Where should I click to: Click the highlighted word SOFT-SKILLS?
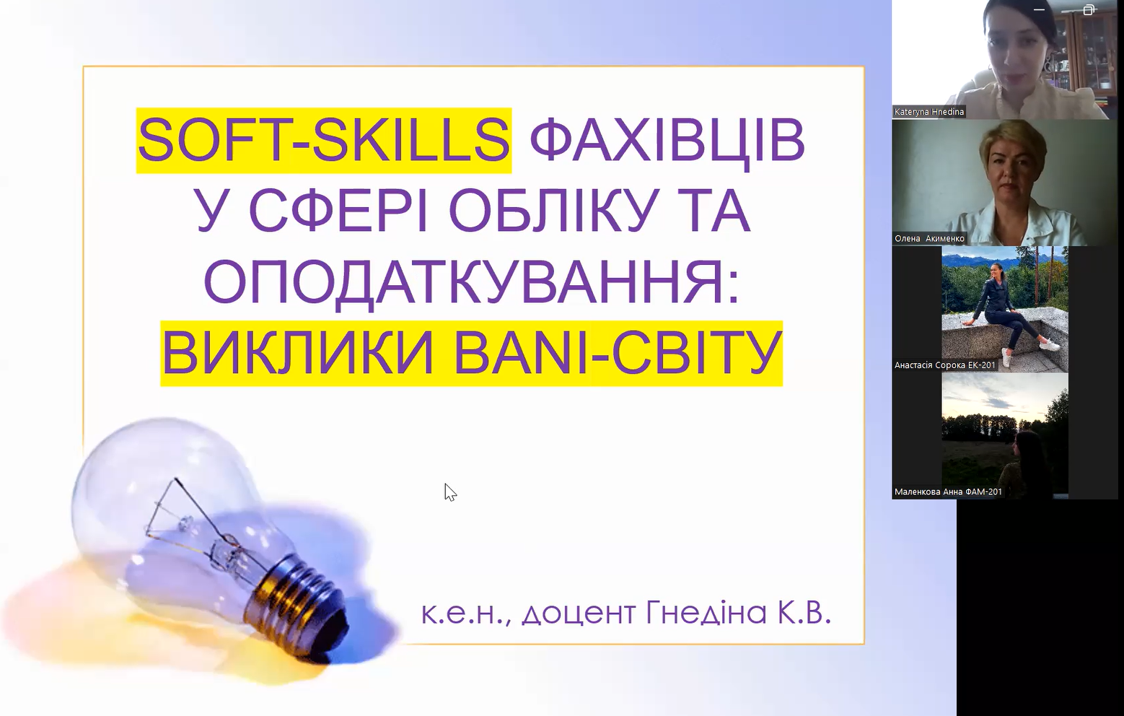click(x=324, y=140)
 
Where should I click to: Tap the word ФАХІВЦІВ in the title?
click(x=667, y=141)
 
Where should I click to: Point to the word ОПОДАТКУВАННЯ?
click(x=471, y=281)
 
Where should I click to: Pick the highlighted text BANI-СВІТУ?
click(x=618, y=352)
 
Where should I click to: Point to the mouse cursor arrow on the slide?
click(x=450, y=492)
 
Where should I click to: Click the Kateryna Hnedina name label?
click(x=929, y=111)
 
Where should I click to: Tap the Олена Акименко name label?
click(x=929, y=238)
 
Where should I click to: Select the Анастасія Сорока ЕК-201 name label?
click(x=945, y=365)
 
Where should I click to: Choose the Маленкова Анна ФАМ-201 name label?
click(x=949, y=492)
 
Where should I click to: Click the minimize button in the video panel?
click(x=1039, y=9)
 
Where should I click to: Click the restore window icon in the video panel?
click(x=1089, y=9)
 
